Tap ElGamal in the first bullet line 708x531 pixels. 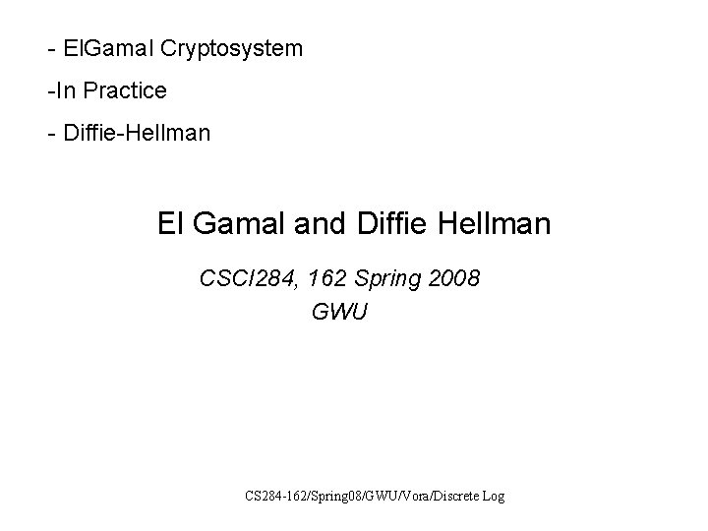99,47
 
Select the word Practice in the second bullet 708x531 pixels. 125,90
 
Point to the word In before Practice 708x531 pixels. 66,90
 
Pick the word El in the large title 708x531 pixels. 169,224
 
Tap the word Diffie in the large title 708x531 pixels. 387,224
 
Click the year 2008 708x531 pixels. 453,279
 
